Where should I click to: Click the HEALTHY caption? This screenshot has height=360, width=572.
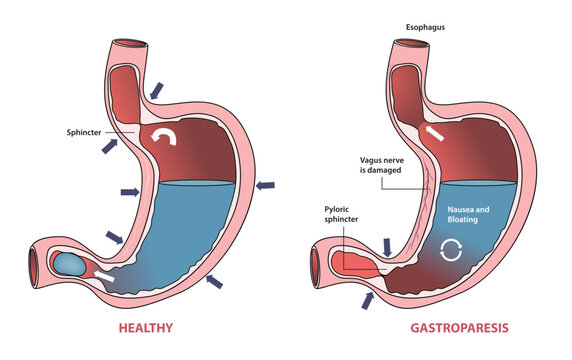pos(147,327)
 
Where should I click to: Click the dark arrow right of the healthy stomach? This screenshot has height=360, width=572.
pos(267,184)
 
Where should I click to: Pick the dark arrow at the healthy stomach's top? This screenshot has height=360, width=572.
pos(155,91)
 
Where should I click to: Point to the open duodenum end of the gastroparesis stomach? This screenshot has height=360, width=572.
pos(319,263)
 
